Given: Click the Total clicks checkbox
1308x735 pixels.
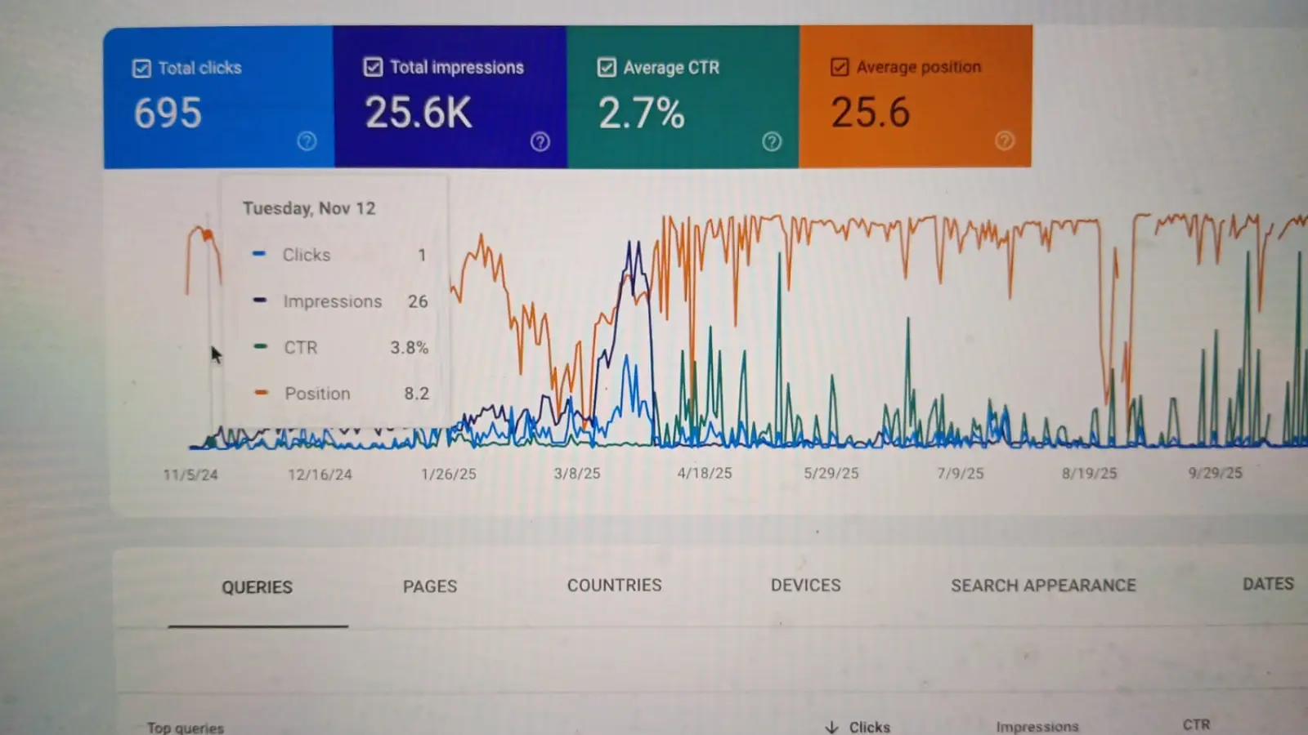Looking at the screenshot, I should (141, 69).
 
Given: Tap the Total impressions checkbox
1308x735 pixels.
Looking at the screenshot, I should (373, 67).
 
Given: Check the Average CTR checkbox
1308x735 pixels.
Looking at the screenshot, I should (607, 67).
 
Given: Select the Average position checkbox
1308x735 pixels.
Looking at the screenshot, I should (840, 67).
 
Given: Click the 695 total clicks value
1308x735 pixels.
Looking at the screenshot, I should (168, 113).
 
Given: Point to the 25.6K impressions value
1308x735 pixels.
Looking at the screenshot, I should (419, 113).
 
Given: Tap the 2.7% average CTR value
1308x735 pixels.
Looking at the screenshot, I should (641, 113).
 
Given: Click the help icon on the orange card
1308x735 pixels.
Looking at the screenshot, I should (1005, 140).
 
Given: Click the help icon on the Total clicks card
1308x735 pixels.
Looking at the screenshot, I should (307, 141).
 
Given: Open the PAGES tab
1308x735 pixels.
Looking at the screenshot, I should (430, 586).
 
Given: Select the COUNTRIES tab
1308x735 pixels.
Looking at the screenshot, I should (615, 586).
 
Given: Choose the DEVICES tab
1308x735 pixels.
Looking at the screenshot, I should (806, 586).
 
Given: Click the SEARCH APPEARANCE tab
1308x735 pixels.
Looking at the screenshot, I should (1043, 586).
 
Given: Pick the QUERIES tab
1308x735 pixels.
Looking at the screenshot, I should (257, 587).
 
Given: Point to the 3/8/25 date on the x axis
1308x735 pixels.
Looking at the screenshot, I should (577, 474).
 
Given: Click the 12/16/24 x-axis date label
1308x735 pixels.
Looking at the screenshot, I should (320, 474).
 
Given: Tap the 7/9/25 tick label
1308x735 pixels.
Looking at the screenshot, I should (961, 474).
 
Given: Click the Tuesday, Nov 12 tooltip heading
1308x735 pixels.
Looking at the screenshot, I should (309, 208).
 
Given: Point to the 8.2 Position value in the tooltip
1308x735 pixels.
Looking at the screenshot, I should (416, 394).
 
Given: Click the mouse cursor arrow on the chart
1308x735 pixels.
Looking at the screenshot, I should (216, 354).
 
